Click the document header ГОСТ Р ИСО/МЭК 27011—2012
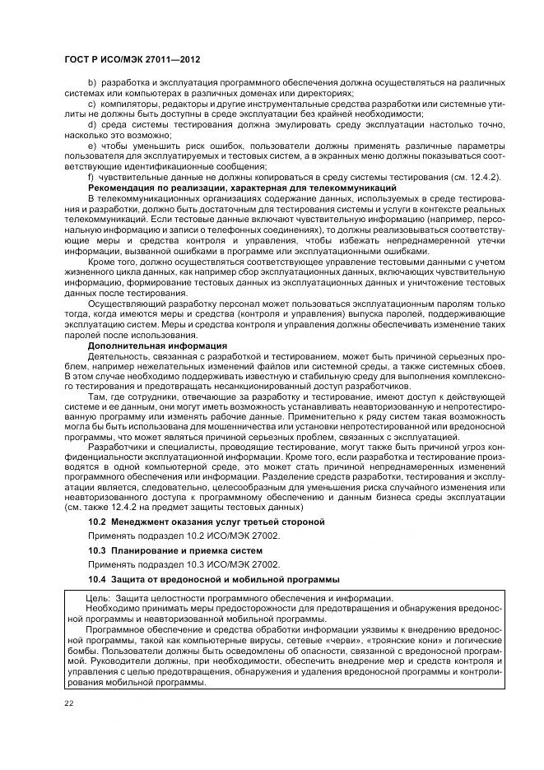click(131, 60)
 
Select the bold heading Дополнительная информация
click(146, 346)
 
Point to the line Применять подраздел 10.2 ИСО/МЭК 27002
click(184, 536)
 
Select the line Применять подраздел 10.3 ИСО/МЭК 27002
click(184, 564)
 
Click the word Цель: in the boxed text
click(99, 598)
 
